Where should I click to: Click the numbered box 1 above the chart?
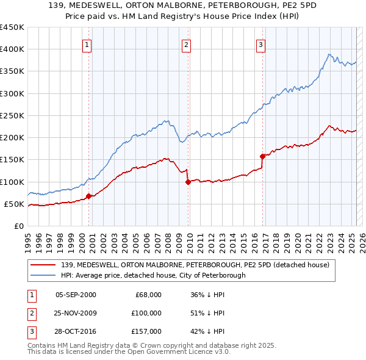point(88,45)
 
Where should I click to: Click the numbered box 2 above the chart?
point(186,45)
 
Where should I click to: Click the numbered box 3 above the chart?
point(260,45)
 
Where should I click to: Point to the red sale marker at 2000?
point(88,196)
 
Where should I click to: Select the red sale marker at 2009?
point(188,181)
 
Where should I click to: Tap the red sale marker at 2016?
point(262,156)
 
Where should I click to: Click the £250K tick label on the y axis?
point(12,115)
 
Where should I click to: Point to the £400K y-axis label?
point(12,49)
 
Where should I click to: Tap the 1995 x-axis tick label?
point(28,241)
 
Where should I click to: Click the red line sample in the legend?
point(43,265)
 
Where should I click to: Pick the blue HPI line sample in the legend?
point(43,275)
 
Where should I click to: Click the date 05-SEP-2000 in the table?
point(76,295)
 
